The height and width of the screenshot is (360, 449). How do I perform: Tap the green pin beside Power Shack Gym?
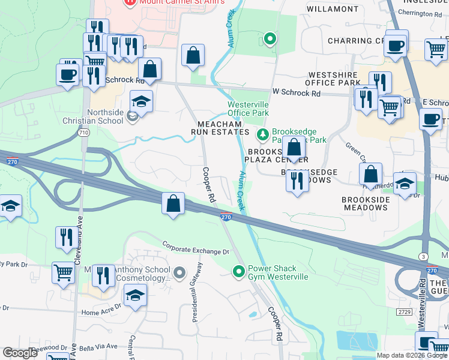tap(240, 272)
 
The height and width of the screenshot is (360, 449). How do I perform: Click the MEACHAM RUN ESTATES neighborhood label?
tap(220, 127)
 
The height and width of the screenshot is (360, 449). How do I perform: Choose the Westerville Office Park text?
tap(248, 108)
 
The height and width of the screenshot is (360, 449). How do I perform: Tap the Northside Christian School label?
tap(106, 116)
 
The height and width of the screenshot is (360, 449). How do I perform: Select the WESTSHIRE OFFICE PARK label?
tap(331, 79)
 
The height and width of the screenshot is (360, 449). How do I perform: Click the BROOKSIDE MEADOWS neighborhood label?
tap(364, 203)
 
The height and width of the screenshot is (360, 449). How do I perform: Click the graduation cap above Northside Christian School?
tap(142, 101)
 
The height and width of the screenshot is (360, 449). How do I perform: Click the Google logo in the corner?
tap(20, 353)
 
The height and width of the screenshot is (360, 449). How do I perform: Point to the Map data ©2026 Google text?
tap(411, 355)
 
